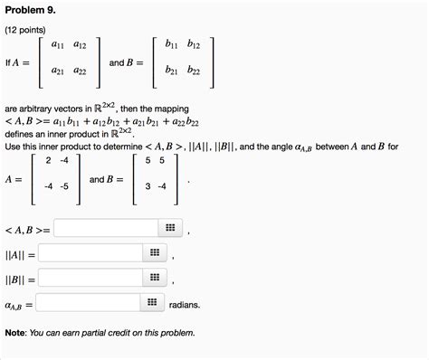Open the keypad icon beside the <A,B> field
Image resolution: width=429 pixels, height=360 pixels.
(x=169, y=228)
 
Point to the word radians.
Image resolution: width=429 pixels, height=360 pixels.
(x=185, y=305)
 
